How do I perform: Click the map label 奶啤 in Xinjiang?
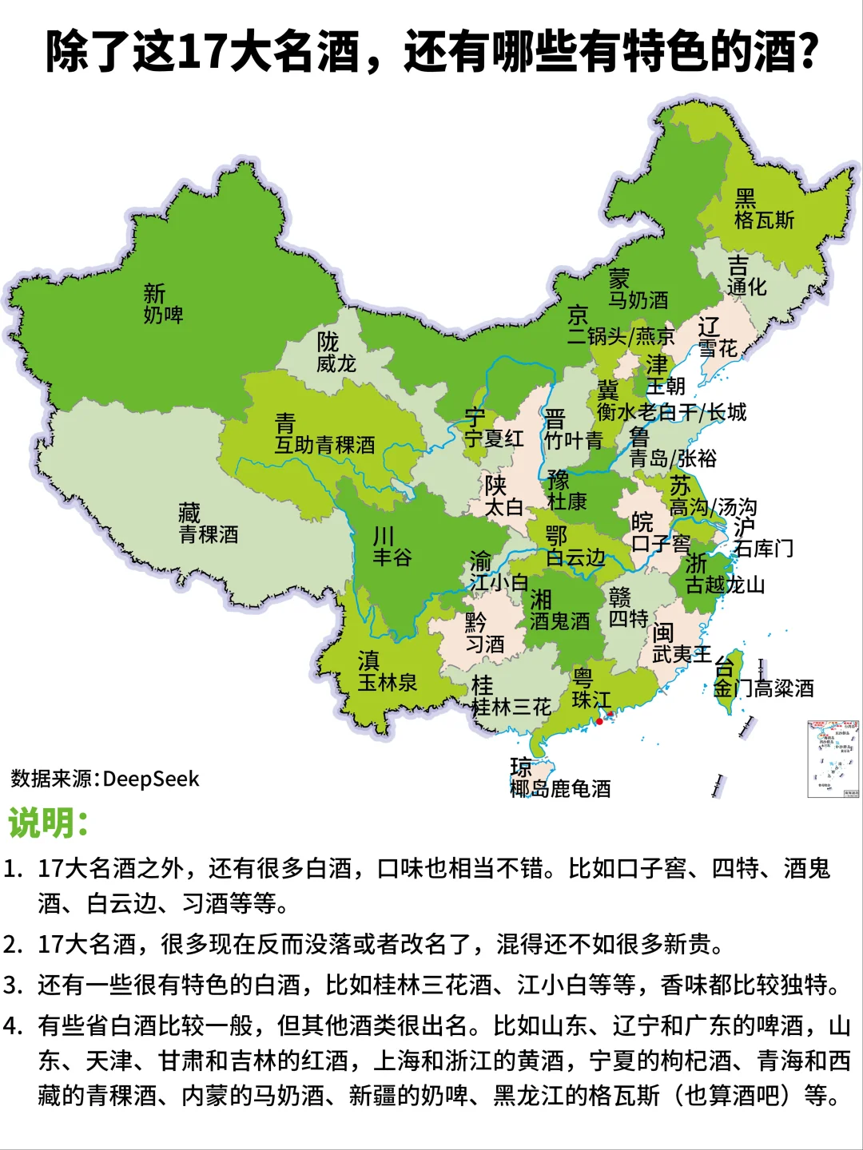click(164, 315)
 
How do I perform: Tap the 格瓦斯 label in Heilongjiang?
click(765, 220)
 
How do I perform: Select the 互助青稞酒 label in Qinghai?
click(324, 445)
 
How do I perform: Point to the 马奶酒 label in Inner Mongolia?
click(638, 300)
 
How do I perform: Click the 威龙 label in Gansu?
click(336, 364)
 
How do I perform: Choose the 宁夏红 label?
click(495, 438)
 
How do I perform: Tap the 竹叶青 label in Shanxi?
click(574, 440)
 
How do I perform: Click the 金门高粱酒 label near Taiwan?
click(763, 688)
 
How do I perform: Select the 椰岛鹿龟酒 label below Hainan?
click(560, 789)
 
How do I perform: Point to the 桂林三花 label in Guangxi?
click(511, 707)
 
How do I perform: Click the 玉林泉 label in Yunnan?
click(388, 683)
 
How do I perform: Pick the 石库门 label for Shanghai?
click(763, 549)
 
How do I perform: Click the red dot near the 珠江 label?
click(599, 721)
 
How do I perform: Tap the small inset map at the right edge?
click(833, 758)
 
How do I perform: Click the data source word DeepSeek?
click(151, 779)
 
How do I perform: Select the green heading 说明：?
click(48, 823)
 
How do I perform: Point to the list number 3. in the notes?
click(14, 985)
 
